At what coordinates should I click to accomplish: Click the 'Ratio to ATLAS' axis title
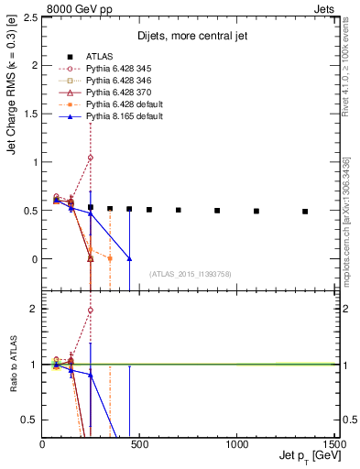[13, 364]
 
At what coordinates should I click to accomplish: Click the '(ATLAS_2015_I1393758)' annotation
[191, 274]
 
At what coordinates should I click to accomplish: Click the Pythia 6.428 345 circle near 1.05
[91, 158]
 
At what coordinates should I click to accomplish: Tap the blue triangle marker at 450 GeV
[129, 259]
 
